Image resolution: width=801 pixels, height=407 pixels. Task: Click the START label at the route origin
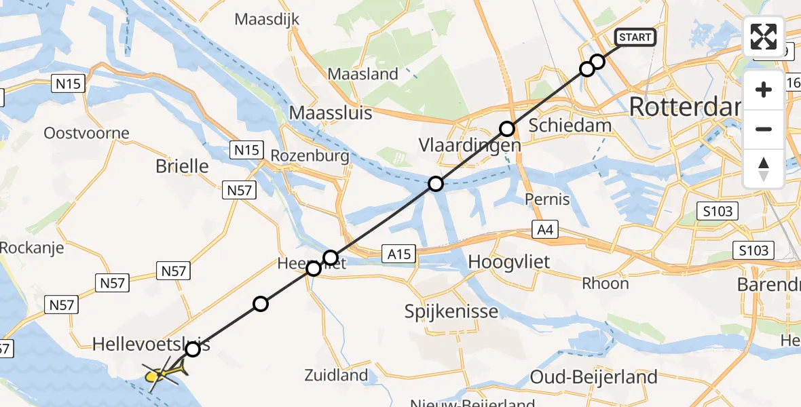pos(635,37)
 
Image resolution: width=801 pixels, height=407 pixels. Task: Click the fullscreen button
pos(764,36)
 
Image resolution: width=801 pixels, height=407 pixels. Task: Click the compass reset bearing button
pos(764,169)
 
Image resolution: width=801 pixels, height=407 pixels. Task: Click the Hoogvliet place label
pos(509,262)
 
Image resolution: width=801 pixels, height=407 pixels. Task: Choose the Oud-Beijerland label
pos(594,377)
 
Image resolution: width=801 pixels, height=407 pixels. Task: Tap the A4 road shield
pos(545,229)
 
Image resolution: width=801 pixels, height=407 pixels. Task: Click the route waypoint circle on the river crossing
pos(436,184)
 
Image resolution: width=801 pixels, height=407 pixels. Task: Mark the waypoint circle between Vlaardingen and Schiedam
pos(507,128)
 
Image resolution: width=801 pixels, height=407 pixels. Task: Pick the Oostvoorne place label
pos(86,132)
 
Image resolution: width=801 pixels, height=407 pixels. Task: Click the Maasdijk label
pos(267,20)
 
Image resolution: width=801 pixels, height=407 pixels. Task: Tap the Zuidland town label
pos(346,374)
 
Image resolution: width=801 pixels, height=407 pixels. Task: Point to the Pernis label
pos(548,199)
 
